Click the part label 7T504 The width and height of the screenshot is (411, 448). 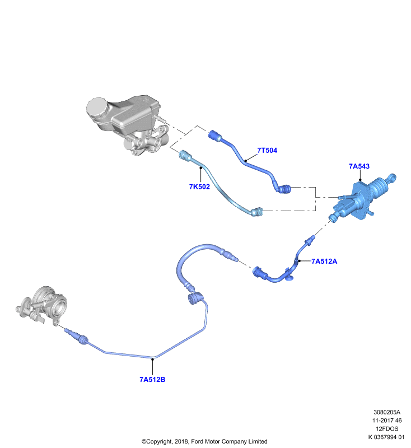[267, 150]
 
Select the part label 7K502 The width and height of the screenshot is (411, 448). [199, 186]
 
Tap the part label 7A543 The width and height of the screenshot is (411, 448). [359, 166]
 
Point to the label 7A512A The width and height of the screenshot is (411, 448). [324, 261]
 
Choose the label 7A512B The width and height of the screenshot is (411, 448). [152, 380]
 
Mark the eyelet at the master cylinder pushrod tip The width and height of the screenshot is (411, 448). [392, 178]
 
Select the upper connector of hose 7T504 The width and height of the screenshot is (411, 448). [216, 135]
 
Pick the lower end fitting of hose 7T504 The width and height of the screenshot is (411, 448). [284, 189]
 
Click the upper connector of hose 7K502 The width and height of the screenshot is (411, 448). [186, 156]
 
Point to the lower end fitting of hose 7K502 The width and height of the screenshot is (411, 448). [257, 212]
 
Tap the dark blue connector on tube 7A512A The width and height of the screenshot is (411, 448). [260, 273]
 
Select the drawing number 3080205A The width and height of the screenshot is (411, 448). [387, 412]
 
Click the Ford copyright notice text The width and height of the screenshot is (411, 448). [204, 441]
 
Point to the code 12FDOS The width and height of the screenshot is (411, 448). [387, 428]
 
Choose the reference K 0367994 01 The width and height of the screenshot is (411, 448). [386, 437]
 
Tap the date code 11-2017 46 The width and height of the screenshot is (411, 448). [387, 421]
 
